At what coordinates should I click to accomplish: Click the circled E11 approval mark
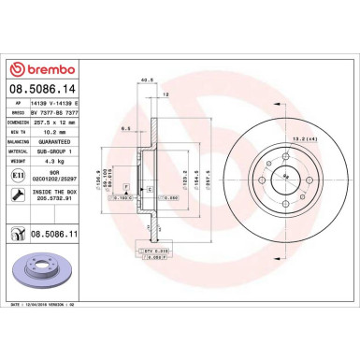[x=16, y=174]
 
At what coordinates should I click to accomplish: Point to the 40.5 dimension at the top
[x=146, y=80]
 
